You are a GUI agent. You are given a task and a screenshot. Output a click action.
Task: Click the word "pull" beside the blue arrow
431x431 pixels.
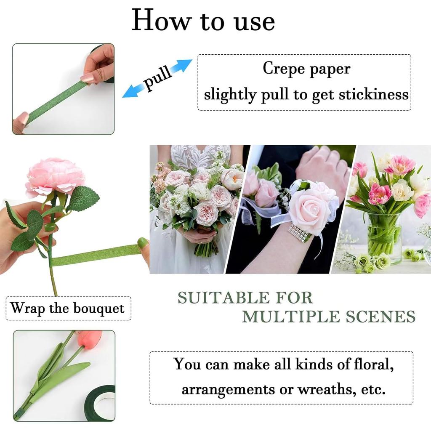pyautogui.click(x=158, y=77)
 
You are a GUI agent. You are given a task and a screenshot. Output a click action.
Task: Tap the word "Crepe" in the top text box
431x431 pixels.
pyautogui.click(x=281, y=68)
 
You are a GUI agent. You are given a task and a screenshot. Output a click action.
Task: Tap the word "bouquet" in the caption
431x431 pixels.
pyautogui.click(x=99, y=309)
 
